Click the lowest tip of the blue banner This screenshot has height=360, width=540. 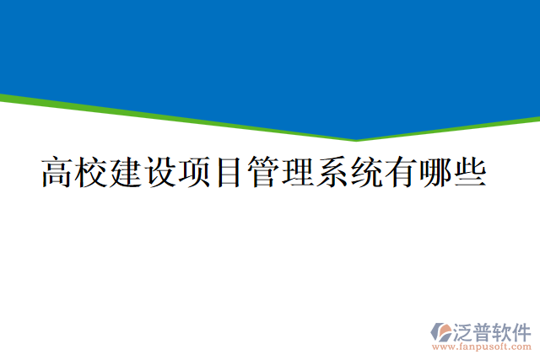point(355,139)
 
